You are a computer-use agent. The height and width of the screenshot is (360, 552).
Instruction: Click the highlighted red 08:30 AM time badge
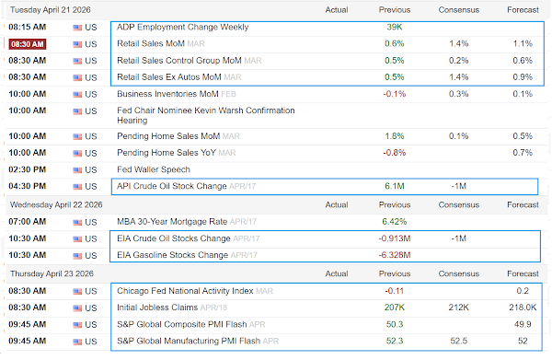coord(28,44)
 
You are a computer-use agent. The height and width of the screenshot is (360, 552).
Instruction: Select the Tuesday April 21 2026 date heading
coord(51,10)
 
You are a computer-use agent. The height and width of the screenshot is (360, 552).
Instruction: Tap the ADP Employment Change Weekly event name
coord(183,27)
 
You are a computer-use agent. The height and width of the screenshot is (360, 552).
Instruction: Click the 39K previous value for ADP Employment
coord(395,27)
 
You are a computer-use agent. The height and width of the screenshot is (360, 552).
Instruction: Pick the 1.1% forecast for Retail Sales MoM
coord(523,43)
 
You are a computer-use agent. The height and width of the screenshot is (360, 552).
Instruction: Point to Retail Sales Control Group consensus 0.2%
coord(458,61)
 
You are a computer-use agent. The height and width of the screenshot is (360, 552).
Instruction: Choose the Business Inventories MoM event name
coord(167,94)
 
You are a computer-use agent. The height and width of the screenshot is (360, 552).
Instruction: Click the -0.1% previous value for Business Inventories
coord(395,94)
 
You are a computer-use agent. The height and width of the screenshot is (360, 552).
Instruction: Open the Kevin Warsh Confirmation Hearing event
coord(206,115)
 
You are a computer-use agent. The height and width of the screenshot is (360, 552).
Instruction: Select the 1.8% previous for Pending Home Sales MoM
coord(395,136)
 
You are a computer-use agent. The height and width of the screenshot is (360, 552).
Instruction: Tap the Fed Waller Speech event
coord(154,169)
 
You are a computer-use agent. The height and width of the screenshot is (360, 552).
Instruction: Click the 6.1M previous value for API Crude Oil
coord(395,186)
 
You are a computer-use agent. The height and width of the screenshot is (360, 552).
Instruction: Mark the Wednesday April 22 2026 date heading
coord(56,204)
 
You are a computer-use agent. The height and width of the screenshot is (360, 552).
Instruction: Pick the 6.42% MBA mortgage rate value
coord(395,222)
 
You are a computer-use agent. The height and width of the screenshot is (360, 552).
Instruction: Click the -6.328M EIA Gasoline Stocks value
coord(395,255)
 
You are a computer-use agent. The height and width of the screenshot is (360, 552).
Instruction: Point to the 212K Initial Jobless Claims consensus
coord(458,308)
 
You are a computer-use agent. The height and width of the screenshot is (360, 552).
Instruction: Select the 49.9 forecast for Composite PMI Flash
coord(523,324)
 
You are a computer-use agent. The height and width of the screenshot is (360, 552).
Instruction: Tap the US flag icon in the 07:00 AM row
coord(77,222)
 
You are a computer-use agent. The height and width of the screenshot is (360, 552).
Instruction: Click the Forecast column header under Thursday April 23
coord(523,273)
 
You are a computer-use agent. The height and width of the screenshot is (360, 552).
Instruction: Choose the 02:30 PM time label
coord(28,169)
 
